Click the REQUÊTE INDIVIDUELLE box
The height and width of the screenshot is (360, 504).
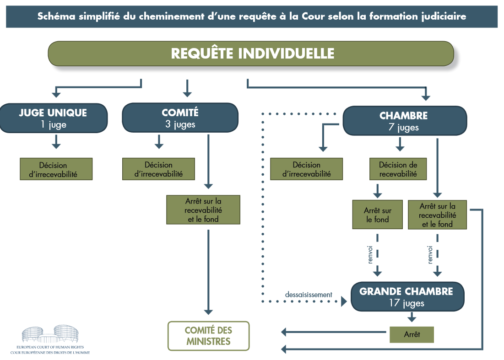(251, 54)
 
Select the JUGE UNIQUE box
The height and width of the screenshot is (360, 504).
(53, 118)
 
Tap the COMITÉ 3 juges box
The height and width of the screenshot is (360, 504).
(180, 118)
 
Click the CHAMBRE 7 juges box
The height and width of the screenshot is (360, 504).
(405, 121)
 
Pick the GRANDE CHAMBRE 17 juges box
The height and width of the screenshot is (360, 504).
(407, 297)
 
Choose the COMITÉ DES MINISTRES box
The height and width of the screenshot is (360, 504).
(208, 336)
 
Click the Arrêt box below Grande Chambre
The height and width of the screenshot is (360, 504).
(412, 334)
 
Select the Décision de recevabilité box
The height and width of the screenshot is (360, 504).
(398, 169)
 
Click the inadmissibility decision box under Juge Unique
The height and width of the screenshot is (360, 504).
(56, 169)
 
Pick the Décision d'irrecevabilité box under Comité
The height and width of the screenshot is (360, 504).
(158, 169)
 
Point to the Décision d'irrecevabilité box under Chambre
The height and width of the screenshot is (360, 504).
(306, 169)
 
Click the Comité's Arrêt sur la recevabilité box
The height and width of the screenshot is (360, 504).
(203, 210)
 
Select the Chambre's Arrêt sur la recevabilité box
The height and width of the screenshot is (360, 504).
(437, 215)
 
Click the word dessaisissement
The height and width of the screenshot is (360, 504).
(308, 295)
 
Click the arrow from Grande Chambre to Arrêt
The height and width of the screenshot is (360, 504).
(412, 317)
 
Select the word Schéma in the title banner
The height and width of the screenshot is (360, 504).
(55, 16)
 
